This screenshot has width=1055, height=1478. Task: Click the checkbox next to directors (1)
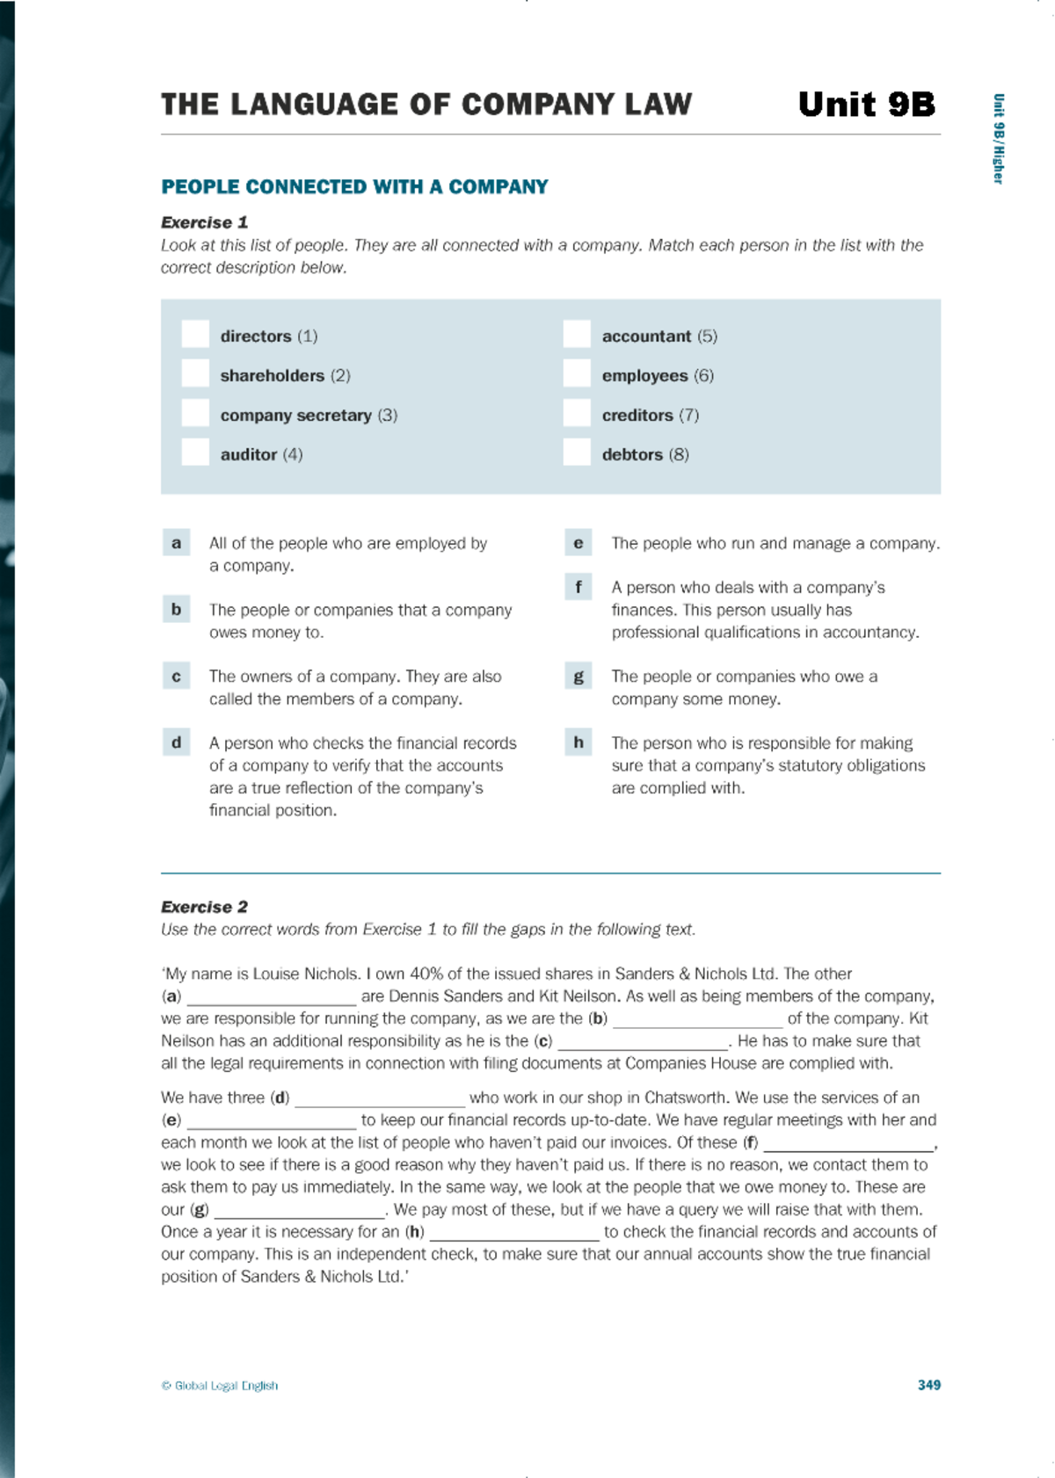point(195,335)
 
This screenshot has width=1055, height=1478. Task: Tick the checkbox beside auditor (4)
point(195,453)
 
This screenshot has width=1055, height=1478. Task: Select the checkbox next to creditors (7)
point(577,414)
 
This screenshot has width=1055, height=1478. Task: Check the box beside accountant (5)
point(577,335)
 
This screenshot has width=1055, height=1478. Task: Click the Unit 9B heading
point(866,105)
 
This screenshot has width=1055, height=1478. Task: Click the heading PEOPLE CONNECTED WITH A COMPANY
point(354,187)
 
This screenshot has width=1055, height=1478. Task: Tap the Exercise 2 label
point(204,907)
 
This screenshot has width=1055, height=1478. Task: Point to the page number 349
point(928,1385)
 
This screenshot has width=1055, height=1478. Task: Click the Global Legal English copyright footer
point(220,1386)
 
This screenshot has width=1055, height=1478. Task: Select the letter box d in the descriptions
point(177,743)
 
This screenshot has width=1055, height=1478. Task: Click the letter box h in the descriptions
point(578,743)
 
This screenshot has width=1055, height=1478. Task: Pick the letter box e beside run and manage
point(578,543)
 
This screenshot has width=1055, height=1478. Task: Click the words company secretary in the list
point(295,415)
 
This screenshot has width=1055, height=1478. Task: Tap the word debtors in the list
point(632,454)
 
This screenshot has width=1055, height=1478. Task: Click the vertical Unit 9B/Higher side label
point(998,139)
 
